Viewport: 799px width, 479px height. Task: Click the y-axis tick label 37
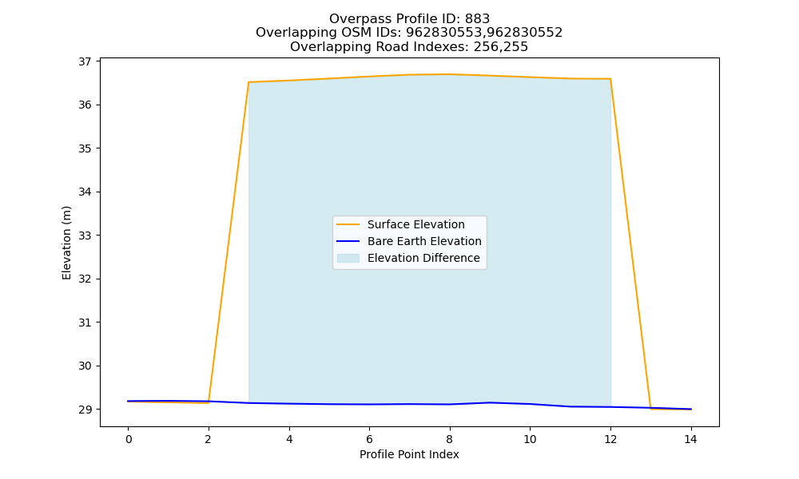pos(85,61)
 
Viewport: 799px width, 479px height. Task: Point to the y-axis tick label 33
pos(85,236)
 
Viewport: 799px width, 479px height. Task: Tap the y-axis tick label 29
pos(85,410)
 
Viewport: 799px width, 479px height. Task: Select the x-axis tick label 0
pos(129,439)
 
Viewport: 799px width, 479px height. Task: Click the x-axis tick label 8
pos(449,439)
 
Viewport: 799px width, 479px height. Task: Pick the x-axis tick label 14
pos(690,439)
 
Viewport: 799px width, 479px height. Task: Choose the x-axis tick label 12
pos(610,439)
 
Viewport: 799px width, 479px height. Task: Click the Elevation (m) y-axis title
pos(66,243)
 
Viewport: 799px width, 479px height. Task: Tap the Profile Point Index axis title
pos(409,454)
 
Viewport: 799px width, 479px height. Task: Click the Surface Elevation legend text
pos(415,224)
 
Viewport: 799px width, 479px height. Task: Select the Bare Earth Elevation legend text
pos(424,241)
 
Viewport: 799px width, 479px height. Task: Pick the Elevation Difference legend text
pos(423,258)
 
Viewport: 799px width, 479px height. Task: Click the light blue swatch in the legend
pos(348,258)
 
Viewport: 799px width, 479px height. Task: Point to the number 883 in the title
pos(477,19)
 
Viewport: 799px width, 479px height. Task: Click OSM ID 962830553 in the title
pos(444,33)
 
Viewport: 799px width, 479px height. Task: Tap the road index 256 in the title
pos(486,47)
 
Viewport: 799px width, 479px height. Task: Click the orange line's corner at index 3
pos(248,82)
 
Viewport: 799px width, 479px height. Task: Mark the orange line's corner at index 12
pos(610,79)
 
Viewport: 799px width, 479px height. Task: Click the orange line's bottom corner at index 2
pos(209,403)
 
